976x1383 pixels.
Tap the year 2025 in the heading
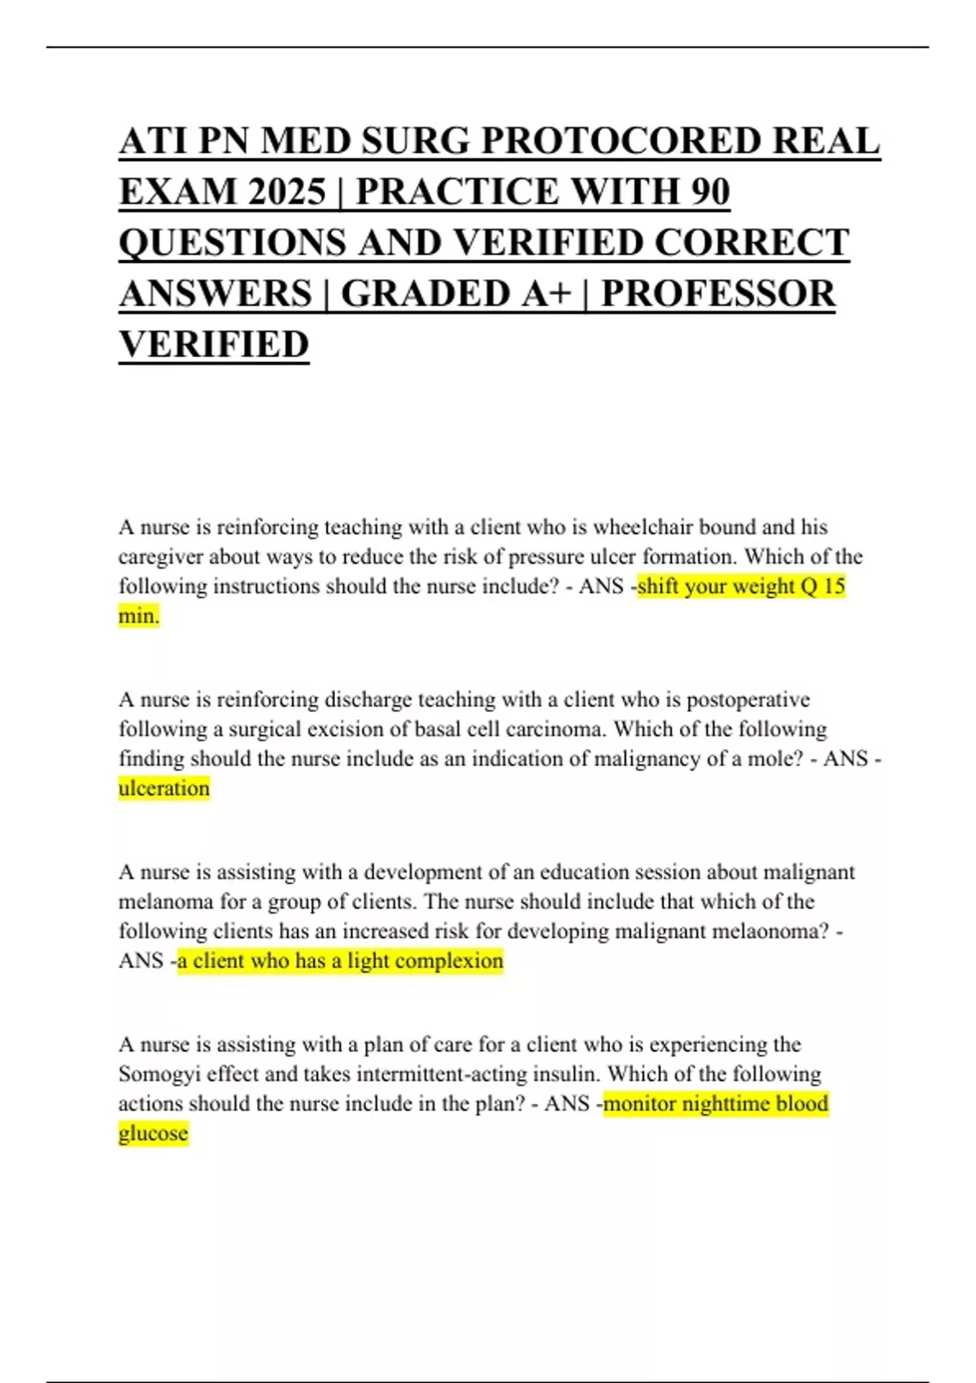click(x=288, y=192)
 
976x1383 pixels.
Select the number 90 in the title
click(x=710, y=192)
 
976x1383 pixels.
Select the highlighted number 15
click(x=834, y=587)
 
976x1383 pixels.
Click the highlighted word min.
click(x=138, y=616)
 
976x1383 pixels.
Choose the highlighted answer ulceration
click(x=164, y=788)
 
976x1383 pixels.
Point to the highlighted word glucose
click(x=153, y=1133)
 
